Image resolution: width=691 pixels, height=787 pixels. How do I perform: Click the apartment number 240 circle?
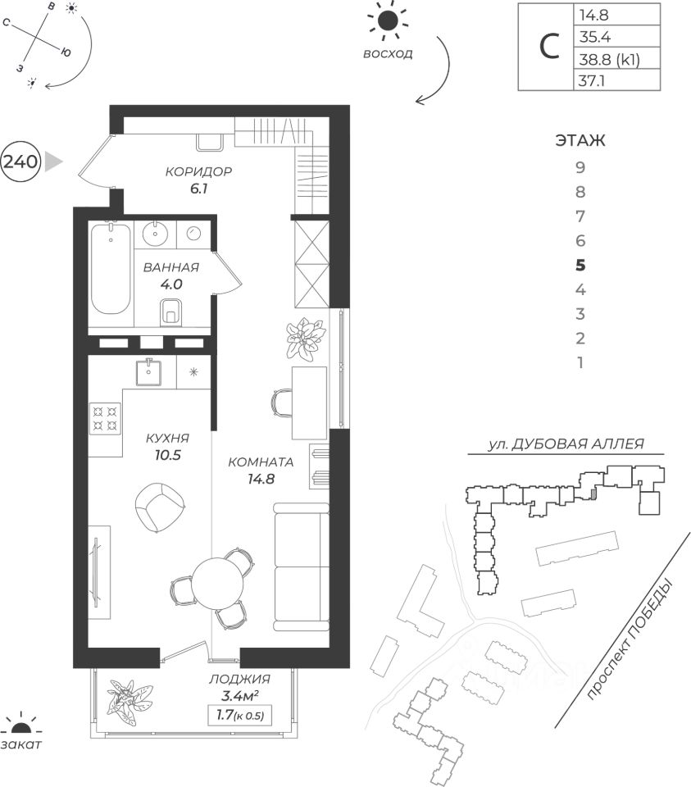tap(20, 161)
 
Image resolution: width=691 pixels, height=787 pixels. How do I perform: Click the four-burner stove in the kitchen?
tap(104, 419)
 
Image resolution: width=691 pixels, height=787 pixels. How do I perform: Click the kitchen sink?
tap(150, 371)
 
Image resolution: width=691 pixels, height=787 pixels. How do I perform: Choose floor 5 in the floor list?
tap(580, 265)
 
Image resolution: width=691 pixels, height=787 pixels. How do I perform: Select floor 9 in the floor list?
tap(580, 168)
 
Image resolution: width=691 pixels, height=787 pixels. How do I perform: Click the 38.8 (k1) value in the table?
tap(608, 59)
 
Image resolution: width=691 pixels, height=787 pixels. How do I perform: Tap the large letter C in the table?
tap(546, 47)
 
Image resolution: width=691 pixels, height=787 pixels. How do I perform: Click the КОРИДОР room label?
tap(198, 172)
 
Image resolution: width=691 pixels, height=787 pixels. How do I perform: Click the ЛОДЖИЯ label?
tap(239, 680)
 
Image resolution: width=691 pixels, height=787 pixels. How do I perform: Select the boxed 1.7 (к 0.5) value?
tap(239, 716)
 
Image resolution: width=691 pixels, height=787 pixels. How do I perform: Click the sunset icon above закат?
tap(21, 724)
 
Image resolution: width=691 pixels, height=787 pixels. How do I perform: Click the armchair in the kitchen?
tap(158, 506)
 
